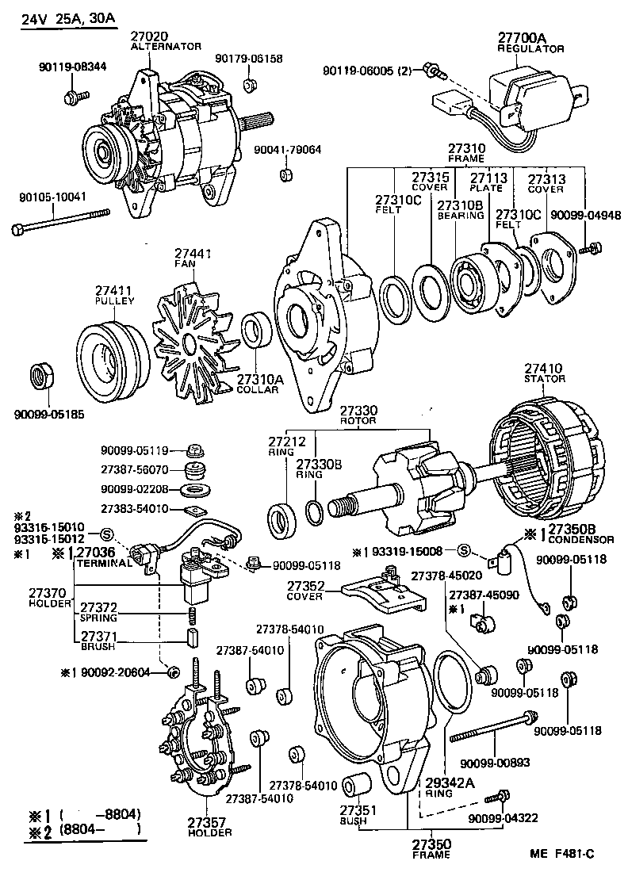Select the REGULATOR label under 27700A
coord(530,48)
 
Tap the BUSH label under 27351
coord(353,821)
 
